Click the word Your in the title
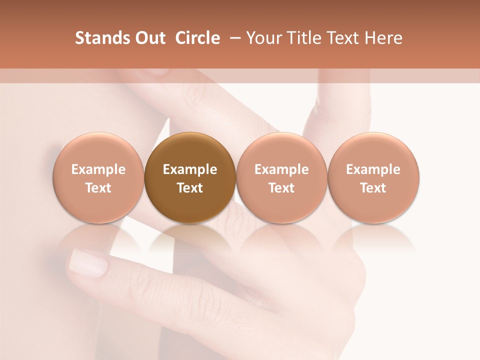coord(263,38)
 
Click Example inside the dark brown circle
coord(190,169)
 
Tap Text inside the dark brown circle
coord(190,188)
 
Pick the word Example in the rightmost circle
coord(373,169)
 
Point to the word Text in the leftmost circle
coord(98,188)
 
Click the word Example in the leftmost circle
coord(98,169)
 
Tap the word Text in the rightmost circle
coord(373,188)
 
